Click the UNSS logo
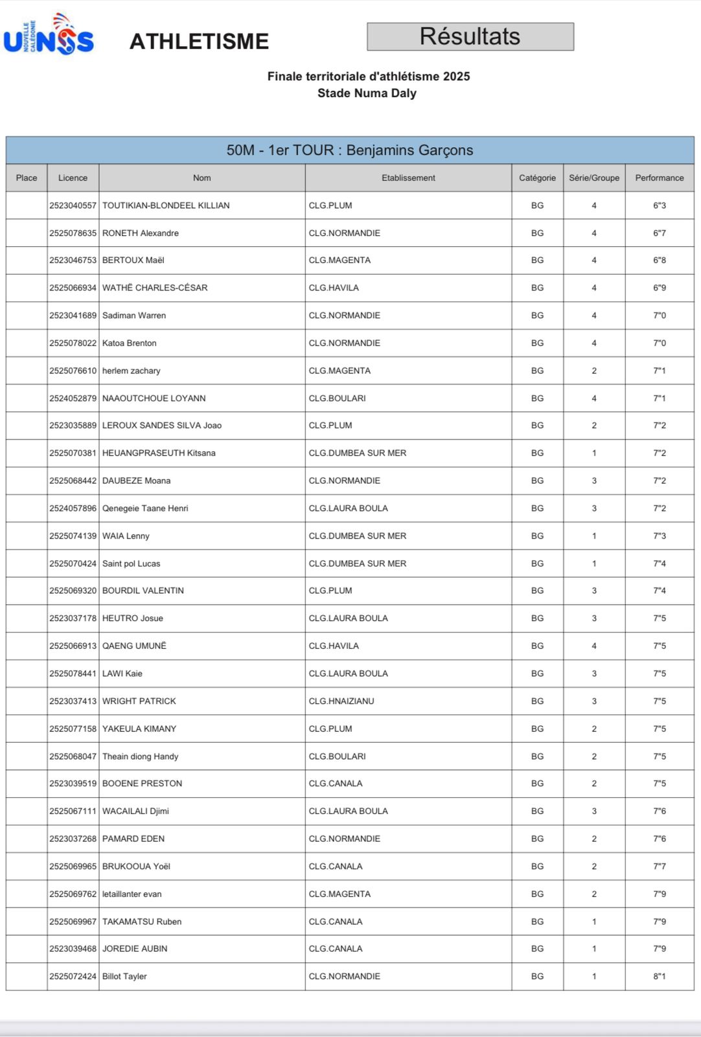pyautogui.click(x=49, y=35)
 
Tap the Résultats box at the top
pyautogui.click(x=470, y=37)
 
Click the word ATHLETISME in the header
pyautogui.click(x=199, y=41)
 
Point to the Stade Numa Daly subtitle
pyautogui.click(x=367, y=93)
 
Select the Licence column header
pyautogui.click(x=73, y=178)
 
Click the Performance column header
pyautogui.click(x=659, y=178)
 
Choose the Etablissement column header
pyautogui.click(x=408, y=178)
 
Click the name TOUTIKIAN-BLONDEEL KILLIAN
pyautogui.click(x=166, y=205)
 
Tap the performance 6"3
pyautogui.click(x=659, y=205)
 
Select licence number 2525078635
pyautogui.click(x=73, y=233)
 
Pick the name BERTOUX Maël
pyautogui.click(x=133, y=261)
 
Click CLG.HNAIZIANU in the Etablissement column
pyautogui.click(x=341, y=701)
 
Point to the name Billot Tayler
pyautogui.click(x=124, y=977)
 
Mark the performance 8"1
pyautogui.click(x=659, y=977)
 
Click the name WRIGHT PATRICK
pyautogui.click(x=139, y=701)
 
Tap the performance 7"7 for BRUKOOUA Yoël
pyautogui.click(x=659, y=867)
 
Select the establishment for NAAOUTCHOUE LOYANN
pyautogui.click(x=337, y=399)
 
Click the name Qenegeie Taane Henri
pyautogui.click(x=145, y=509)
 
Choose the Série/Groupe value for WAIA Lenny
pyautogui.click(x=593, y=536)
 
